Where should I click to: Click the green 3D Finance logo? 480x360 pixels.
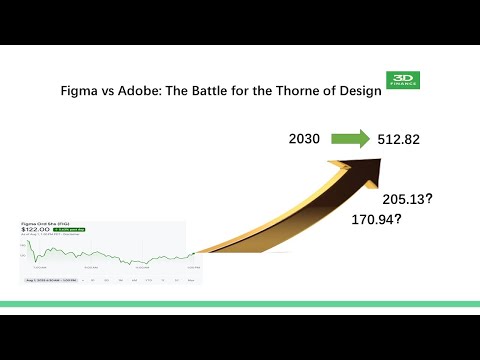click(403, 79)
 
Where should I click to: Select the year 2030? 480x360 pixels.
click(304, 138)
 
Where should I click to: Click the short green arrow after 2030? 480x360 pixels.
click(350, 138)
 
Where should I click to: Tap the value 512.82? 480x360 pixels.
click(398, 138)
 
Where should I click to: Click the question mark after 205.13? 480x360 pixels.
click(429, 198)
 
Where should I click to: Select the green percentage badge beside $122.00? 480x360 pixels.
click(72, 231)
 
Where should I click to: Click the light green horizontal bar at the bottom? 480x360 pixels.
click(240, 303)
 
